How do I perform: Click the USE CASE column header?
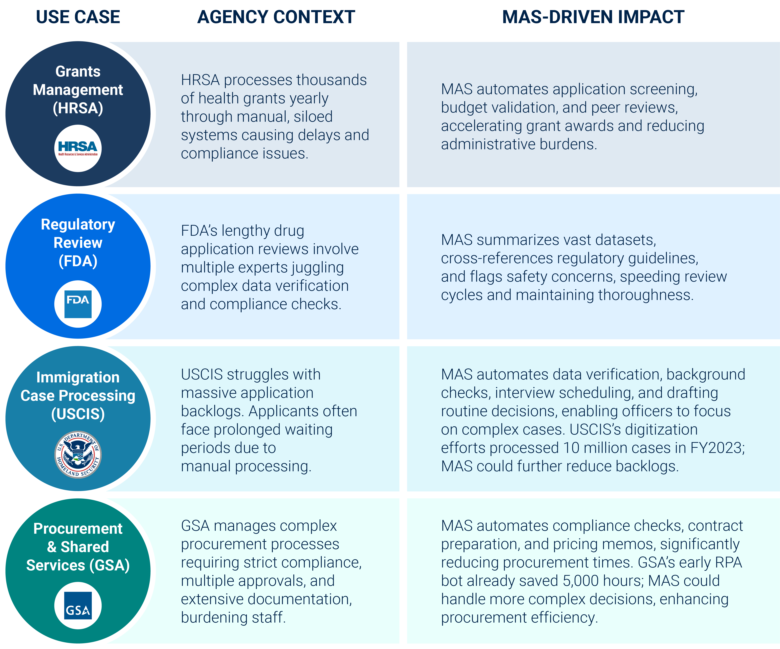78,17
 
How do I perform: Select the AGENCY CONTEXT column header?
276,17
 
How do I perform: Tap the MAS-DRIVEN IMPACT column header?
593,17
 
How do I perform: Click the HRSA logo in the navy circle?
78,148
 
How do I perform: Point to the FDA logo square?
78,304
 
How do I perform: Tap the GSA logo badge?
78,605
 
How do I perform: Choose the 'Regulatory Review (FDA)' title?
78,243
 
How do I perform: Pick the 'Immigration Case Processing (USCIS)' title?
78,396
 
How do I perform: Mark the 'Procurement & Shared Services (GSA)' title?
78,547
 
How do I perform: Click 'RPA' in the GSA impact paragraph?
728,563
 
